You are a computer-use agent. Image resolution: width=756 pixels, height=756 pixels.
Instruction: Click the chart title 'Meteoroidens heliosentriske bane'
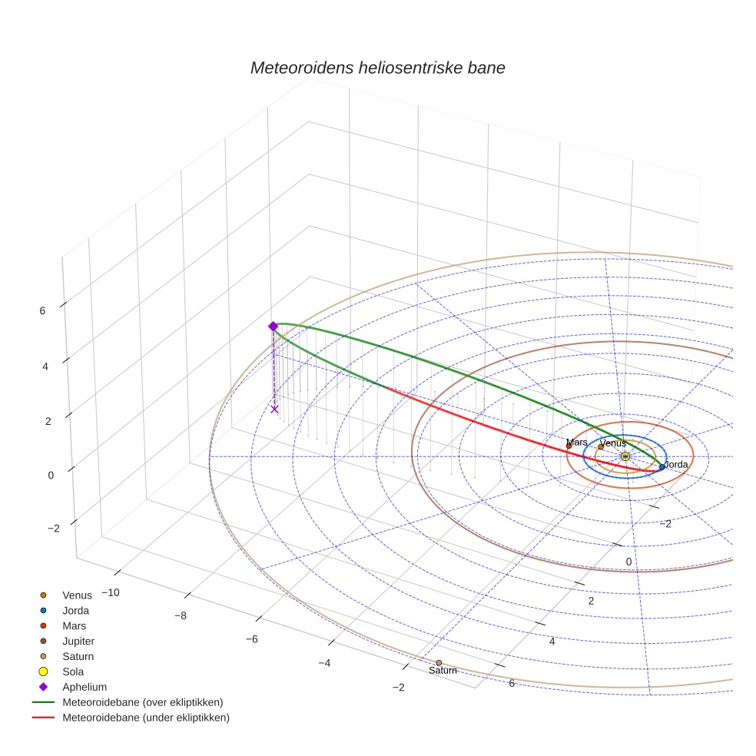pos(377,68)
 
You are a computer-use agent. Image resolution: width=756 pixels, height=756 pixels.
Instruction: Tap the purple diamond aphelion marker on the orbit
pos(273,327)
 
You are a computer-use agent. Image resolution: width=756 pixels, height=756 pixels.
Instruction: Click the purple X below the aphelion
pos(274,409)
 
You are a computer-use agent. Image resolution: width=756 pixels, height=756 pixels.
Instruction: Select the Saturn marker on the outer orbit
pos(439,662)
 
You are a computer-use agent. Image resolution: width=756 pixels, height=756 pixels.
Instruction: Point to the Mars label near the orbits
pos(577,443)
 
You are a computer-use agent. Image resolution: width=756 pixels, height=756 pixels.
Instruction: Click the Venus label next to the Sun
pos(612,443)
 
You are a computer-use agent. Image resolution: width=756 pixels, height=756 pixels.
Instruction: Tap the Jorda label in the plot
pos(676,465)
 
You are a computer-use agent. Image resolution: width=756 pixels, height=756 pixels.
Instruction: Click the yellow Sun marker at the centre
pos(625,456)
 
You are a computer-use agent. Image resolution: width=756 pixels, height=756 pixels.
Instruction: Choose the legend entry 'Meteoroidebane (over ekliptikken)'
pos(142,702)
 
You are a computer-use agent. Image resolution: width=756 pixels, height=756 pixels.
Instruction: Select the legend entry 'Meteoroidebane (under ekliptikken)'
pos(145,718)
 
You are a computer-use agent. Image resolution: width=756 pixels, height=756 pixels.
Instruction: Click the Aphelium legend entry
pos(84,687)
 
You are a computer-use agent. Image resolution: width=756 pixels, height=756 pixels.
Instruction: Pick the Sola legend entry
pos(73,671)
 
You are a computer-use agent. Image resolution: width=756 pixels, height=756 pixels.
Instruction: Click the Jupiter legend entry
pos(78,641)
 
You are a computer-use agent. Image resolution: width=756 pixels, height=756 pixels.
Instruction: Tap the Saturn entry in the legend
pos(78,656)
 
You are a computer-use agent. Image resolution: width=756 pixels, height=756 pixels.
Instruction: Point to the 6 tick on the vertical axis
pos(42,310)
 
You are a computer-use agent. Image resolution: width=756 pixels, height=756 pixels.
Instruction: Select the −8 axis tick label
pos(181,615)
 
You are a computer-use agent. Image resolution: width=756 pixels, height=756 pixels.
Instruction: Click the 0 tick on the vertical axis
pos(51,475)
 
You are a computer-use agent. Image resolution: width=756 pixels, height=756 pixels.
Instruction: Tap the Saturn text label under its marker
pos(443,671)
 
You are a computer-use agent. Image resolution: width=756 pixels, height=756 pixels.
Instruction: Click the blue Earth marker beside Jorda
pos(662,467)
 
